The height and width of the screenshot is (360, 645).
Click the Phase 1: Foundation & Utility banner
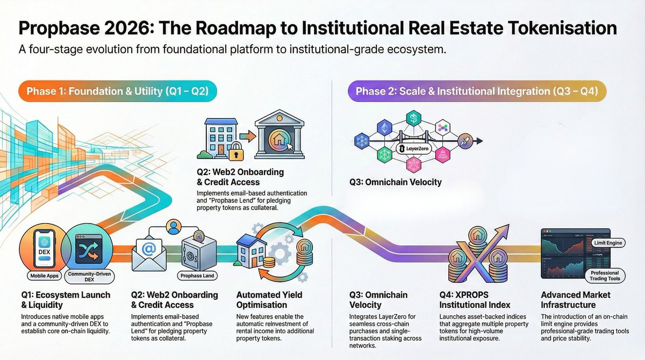118,91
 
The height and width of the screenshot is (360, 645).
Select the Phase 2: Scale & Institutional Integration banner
477,91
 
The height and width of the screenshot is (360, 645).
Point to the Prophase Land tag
196,276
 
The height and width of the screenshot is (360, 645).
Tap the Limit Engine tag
607,243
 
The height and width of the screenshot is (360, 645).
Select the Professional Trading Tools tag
605,275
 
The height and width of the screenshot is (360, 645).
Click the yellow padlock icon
234,153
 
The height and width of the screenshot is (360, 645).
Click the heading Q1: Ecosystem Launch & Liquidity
66,300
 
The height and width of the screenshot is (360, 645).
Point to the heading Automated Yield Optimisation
269,300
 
